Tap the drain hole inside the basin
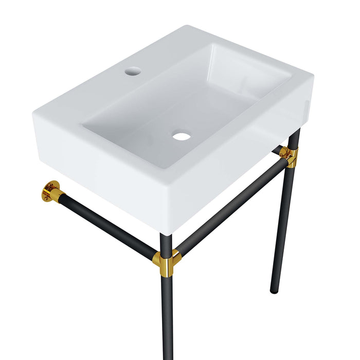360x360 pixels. [182, 136]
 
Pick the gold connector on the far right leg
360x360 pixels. [289, 156]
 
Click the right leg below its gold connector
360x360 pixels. [281, 226]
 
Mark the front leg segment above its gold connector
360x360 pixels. [164, 242]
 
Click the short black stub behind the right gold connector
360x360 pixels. [278, 150]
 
